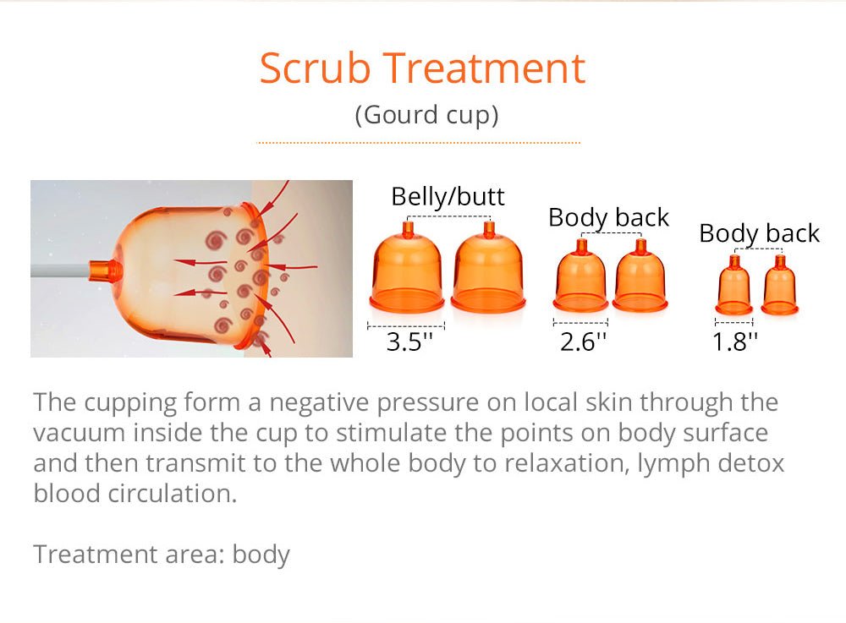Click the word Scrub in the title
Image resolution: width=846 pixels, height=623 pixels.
pyautogui.click(x=315, y=68)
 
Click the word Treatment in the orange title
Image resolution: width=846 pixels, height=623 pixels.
pyautogui.click(x=484, y=68)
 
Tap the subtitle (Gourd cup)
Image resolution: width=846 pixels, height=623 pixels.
pyautogui.click(x=426, y=115)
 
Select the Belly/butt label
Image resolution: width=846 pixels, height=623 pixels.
pyautogui.click(x=448, y=196)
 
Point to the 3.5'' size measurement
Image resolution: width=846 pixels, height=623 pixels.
pyautogui.click(x=409, y=342)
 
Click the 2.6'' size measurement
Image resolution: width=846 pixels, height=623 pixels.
pyautogui.click(x=583, y=342)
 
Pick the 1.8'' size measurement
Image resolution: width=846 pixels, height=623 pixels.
pyautogui.click(x=735, y=342)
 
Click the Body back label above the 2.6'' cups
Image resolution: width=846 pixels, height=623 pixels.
pyautogui.click(x=608, y=218)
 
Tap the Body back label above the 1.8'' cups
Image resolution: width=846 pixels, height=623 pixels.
pyautogui.click(x=759, y=233)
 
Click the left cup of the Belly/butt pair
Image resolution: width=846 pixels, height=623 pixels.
pyautogui.click(x=408, y=268)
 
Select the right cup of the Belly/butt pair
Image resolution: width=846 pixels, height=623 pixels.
pyautogui.click(x=488, y=268)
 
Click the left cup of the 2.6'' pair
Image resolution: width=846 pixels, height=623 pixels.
pyautogui.click(x=580, y=276)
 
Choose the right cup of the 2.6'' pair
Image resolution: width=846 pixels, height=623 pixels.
pyautogui.click(x=640, y=276)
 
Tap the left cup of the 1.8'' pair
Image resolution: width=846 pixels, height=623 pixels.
pyautogui.click(x=733, y=286)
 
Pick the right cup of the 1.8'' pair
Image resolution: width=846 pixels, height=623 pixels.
pyautogui.click(x=780, y=286)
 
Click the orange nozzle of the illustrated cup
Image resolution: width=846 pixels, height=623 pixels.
pyautogui.click(x=105, y=270)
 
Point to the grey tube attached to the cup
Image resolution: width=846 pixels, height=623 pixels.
pyautogui.click(x=60, y=270)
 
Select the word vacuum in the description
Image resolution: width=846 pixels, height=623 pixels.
pyautogui.click(x=80, y=433)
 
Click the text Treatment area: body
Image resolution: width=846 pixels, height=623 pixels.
pyautogui.click(x=162, y=555)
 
